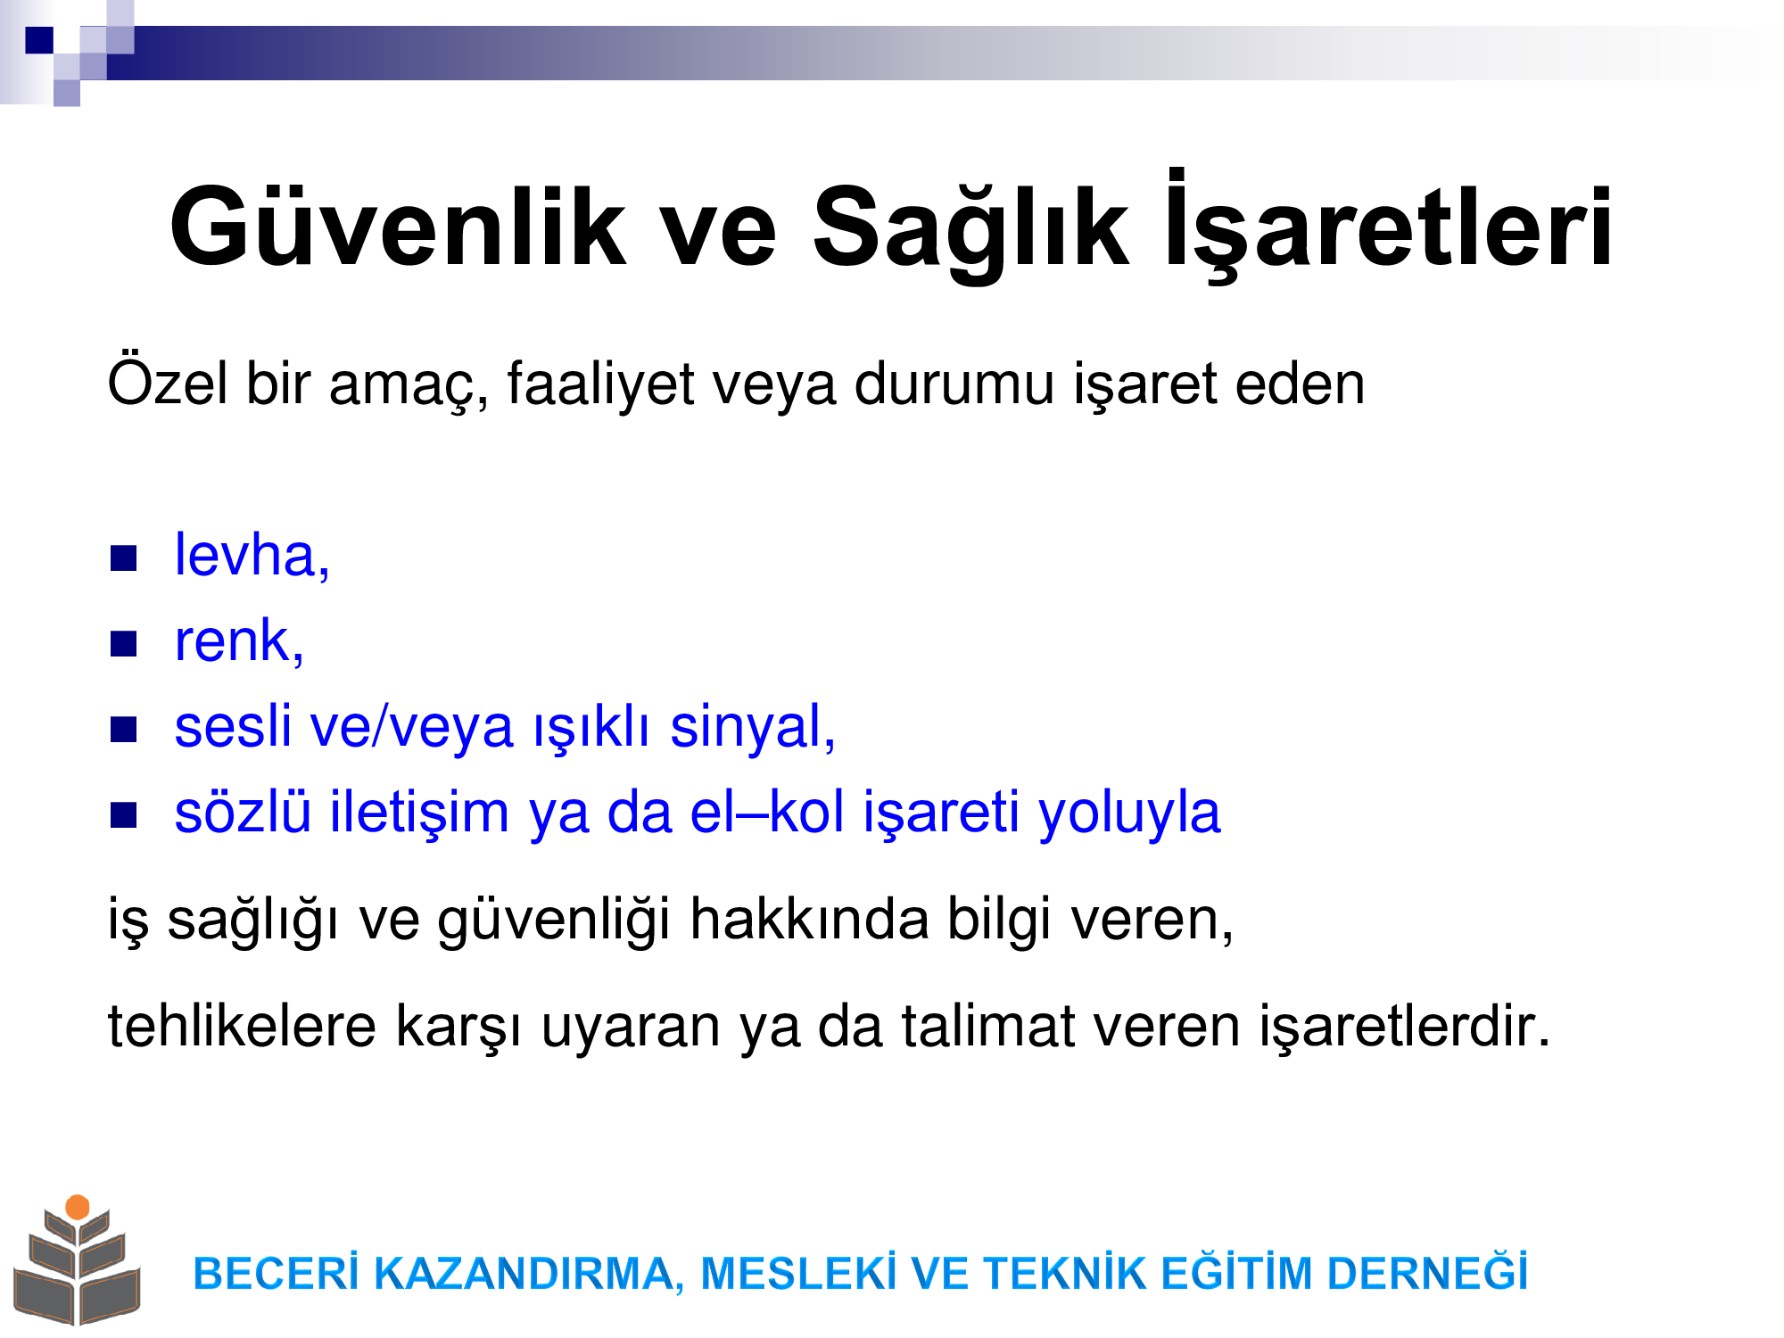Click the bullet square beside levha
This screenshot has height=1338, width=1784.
tap(123, 558)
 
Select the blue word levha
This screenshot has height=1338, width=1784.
tap(252, 555)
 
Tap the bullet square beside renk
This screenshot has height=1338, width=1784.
tap(123, 644)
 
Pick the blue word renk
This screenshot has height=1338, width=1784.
tap(239, 640)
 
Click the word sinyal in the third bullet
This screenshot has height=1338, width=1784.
tap(753, 727)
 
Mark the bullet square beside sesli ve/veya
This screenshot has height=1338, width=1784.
tap(123, 730)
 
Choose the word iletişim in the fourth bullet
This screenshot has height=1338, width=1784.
tap(419, 813)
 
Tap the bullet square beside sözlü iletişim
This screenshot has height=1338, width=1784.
tap(123, 815)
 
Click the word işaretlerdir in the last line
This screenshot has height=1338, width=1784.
tap(1405, 1026)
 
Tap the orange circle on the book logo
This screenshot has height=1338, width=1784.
tap(78, 1207)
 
